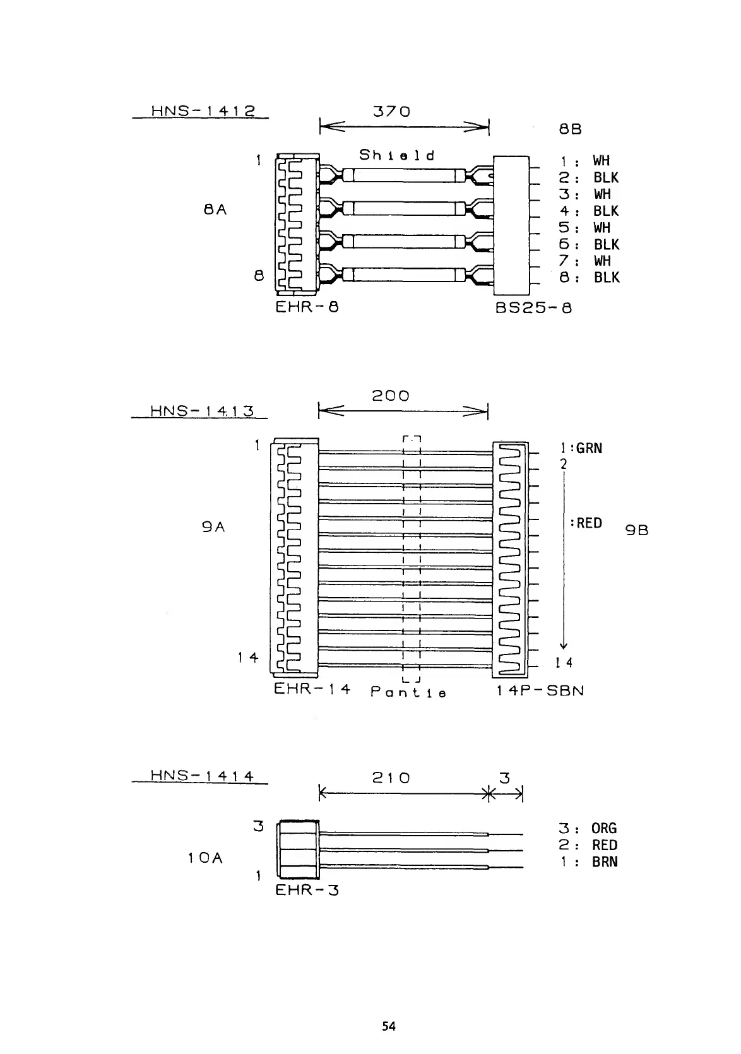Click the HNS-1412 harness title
click(x=203, y=112)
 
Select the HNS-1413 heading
click(x=202, y=411)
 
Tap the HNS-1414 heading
click(x=202, y=776)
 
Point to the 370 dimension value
click(x=392, y=112)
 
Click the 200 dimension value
click(x=390, y=396)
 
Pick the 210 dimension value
click(x=391, y=778)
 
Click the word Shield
click(x=397, y=155)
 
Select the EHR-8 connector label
click(x=307, y=308)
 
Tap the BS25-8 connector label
click(x=534, y=309)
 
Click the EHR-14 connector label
click(x=312, y=689)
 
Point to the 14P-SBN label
click(x=540, y=690)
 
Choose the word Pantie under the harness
click(x=408, y=692)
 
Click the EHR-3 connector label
click(x=307, y=891)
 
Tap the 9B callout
click(x=637, y=531)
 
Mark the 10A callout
click(x=205, y=858)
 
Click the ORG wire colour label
click(x=604, y=829)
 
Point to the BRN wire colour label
click(x=605, y=862)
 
